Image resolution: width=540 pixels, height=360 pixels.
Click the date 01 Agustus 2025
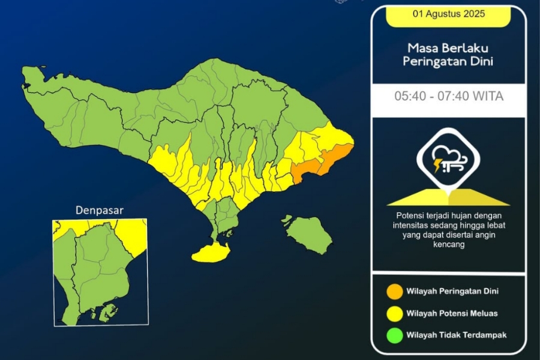tap(448, 14)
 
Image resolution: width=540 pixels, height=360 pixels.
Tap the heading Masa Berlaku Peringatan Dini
tap(448, 54)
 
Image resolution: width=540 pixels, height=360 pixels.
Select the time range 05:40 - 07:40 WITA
tap(448, 96)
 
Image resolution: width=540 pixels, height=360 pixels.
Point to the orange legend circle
tap(395, 292)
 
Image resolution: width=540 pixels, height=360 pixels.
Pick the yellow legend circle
tap(395, 313)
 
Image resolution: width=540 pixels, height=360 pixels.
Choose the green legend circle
tap(395, 335)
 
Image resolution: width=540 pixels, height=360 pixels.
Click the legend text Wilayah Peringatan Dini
tap(452, 292)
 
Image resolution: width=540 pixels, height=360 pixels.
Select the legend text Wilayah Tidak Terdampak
tap(456, 335)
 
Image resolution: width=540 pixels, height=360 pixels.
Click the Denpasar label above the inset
tap(100, 211)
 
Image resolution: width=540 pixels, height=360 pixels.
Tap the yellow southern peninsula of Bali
tap(211, 253)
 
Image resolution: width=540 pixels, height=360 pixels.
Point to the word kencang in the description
tap(449, 245)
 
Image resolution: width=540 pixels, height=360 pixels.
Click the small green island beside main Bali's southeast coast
tap(287, 219)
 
